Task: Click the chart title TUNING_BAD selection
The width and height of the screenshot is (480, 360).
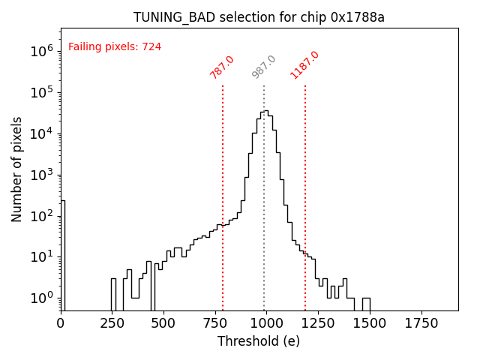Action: tap(259, 17)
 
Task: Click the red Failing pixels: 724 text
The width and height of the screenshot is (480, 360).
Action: tap(115, 47)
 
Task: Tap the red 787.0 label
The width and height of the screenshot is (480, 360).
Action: tap(222, 67)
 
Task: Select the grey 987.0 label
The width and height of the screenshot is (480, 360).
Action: tap(264, 67)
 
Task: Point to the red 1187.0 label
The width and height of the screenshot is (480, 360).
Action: tap(304, 65)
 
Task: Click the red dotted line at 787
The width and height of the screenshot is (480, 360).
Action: tap(223, 187)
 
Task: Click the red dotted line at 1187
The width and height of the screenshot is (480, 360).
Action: tap(305, 187)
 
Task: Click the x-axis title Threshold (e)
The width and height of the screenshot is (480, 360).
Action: tap(259, 341)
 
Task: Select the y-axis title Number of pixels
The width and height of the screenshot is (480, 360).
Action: tap(17, 169)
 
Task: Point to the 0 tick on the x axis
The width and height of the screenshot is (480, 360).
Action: tap(61, 323)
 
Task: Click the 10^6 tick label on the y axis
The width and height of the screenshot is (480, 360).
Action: tap(41, 52)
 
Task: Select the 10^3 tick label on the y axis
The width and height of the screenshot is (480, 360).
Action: tap(41, 175)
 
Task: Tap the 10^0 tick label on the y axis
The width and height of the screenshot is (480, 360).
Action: tap(41, 298)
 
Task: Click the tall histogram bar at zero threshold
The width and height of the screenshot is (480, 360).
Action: tap(63, 255)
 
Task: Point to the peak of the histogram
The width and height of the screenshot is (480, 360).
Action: tap(265, 112)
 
